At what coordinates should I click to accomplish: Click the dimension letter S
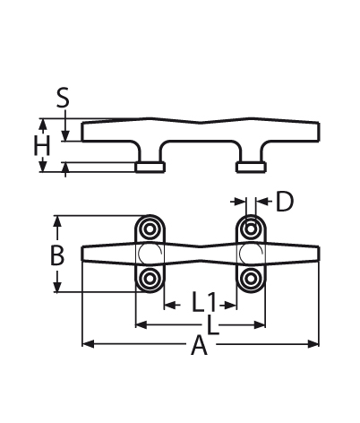coord(63,98)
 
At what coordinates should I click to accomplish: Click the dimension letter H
coord(41,145)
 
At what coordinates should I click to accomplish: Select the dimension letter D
coord(285,202)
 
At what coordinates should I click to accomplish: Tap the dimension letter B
coord(57,255)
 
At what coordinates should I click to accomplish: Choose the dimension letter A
coord(199,346)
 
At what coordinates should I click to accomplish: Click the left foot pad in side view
coord(150,168)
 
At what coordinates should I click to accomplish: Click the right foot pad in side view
coord(251,168)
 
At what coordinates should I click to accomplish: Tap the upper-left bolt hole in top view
coord(150,229)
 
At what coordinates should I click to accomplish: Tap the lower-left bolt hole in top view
coord(150,279)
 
